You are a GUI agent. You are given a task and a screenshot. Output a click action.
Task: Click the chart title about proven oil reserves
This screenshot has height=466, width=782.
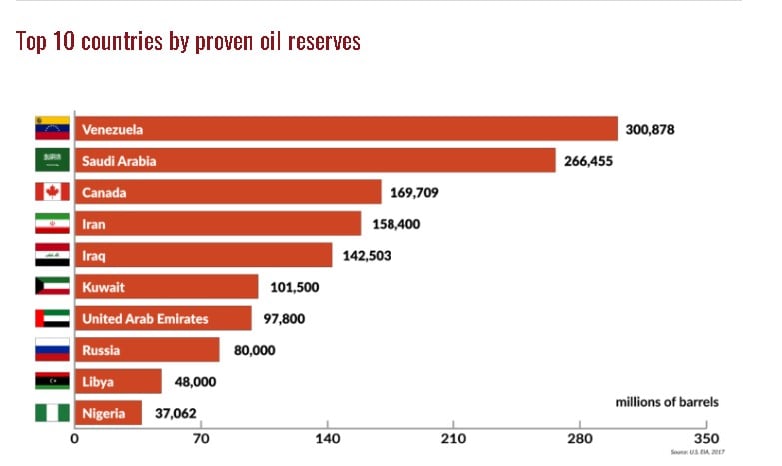tap(188, 41)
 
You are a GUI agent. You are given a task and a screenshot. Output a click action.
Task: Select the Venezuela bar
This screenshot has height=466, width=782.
tap(346, 129)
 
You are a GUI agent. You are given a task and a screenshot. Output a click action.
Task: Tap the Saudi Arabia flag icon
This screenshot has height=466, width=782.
tap(52, 160)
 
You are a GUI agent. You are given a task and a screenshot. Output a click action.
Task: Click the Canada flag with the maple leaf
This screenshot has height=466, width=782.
tap(52, 192)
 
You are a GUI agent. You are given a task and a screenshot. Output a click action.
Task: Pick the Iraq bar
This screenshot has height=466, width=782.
tap(203, 255)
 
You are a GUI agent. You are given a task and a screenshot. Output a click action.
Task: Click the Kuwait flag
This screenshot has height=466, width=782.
tap(52, 287)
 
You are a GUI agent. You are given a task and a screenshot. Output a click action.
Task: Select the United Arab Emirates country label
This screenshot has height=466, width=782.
tap(145, 319)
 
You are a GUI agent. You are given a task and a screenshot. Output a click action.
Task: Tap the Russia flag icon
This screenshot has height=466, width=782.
tap(52, 350)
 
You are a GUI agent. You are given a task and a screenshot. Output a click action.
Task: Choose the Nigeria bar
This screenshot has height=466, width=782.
tap(108, 413)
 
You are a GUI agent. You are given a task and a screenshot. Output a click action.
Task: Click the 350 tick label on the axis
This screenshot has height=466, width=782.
tap(705, 437)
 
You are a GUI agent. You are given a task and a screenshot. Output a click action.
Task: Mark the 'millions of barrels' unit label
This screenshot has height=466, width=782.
tap(666, 401)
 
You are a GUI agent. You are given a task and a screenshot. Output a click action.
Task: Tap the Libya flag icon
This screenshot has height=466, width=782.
tap(52, 382)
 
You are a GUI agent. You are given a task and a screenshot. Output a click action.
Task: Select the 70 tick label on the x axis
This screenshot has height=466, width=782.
tap(201, 437)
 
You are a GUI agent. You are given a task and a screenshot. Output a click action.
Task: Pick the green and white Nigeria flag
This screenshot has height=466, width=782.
tap(52, 413)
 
